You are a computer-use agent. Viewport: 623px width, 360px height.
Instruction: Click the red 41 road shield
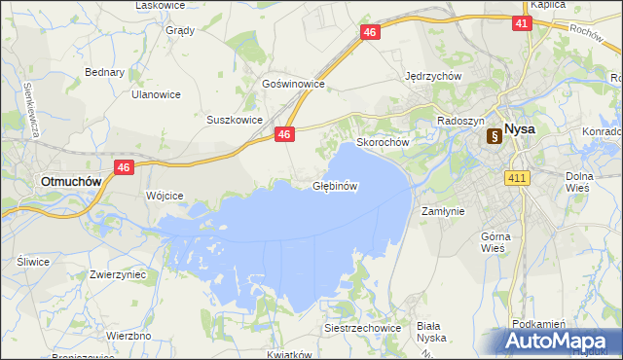tap(521, 24)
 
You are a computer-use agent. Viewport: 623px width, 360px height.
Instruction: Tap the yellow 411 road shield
tap(517, 177)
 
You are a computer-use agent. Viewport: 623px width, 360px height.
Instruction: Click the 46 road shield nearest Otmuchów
tap(123, 167)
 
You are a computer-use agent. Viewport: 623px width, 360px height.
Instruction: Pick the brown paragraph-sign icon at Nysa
tap(495, 137)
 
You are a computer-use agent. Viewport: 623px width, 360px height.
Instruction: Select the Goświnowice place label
tap(292, 85)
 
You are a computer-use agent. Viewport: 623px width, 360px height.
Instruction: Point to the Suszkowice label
tap(235, 120)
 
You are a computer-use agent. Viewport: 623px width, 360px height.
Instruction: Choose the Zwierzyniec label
tap(117, 275)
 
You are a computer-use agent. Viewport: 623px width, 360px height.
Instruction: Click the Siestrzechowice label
tap(363, 328)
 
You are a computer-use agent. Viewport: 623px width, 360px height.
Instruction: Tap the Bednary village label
tap(104, 72)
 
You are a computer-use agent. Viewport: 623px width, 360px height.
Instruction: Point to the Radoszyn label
tap(458, 121)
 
